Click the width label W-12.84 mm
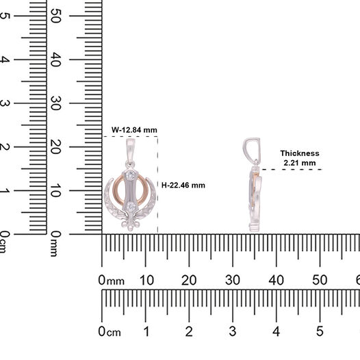click(134, 130)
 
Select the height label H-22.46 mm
click(183, 185)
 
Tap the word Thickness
click(300, 153)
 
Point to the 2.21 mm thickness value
click(300, 163)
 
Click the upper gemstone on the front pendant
click(131, 176)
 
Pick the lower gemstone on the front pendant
click(131, 207)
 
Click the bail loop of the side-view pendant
click(252, 149)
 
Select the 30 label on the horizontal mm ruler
click(233, 281)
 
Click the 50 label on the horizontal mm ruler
click(320, 281)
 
